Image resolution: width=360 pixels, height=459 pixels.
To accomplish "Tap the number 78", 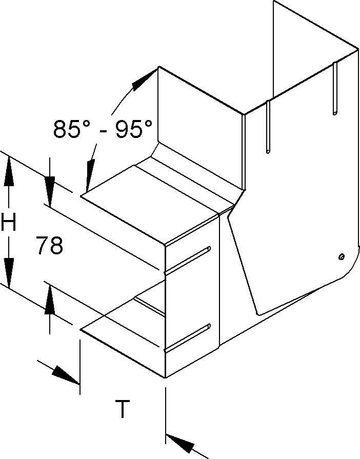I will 50,246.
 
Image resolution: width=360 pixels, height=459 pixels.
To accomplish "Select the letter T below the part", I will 122,409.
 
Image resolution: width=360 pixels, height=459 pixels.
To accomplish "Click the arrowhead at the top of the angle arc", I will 144,80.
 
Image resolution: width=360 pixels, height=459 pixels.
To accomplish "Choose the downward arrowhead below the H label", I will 9,270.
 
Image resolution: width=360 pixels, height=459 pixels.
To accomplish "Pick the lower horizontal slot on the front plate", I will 188,338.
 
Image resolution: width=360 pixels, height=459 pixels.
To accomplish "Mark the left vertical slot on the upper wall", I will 267,126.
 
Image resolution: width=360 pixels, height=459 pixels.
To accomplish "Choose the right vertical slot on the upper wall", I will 334,88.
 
